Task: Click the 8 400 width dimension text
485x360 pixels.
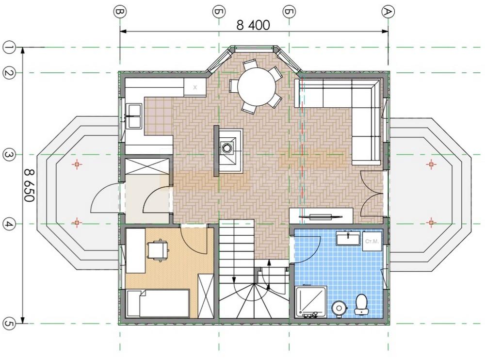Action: (x=253, y=25)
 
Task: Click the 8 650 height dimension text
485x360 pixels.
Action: (x=29, y=185)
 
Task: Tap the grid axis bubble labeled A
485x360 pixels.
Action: (x=388, y=12)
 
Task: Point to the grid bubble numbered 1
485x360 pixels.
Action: (x=9, y=48)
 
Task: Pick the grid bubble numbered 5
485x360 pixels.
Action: (x=9, y=324)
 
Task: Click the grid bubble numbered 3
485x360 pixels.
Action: (x=9, y=155)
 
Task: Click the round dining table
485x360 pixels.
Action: (x=257, y=86)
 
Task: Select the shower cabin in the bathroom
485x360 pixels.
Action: (x=311, y=302)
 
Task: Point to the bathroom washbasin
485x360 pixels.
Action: (x=348, y=239)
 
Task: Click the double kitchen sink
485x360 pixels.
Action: (x=133, y=116)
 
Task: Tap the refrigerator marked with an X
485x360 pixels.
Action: (x=195, y=87)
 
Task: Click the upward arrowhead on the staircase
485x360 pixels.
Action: (x=269, y=262)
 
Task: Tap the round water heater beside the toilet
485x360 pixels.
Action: (x=339, y=308)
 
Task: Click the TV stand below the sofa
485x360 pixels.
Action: (x=321, y=215)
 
